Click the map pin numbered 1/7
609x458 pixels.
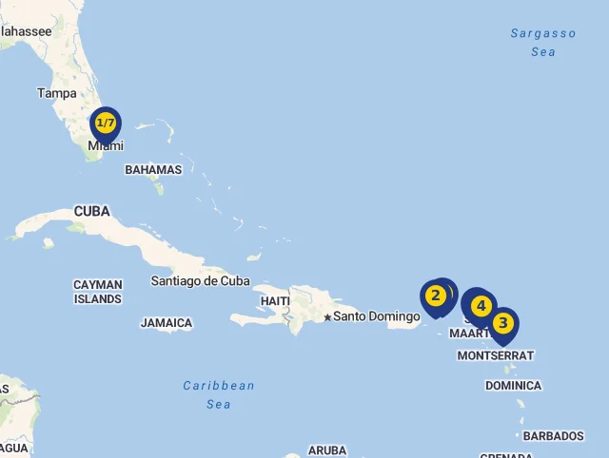[x=106, y=124]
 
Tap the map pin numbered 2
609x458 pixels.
[x=435, y=296]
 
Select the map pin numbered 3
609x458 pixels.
[x=502, y=324]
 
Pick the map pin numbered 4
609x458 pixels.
[x=481, y=306]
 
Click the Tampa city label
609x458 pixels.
[x=57, y=93]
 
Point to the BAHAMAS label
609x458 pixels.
[x=153, y=170]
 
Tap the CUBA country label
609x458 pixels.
[x=91, y=211]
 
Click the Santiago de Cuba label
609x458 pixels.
[x=201, y=280]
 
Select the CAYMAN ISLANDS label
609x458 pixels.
[x=98, y=292]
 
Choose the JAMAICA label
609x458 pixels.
[x=167, y=323]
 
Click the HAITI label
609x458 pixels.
[x=275, y=301]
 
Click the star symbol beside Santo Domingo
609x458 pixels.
[x=327, y=316]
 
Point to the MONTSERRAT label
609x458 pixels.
[x=496, y=355]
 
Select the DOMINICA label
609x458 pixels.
[x=513, y=386]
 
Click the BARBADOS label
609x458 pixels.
[x=553, y=436]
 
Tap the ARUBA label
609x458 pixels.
[x=327, y=450]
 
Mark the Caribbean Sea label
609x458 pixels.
[x=219, y=394]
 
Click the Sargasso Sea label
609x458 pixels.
[x=543, y=43]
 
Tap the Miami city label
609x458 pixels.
[x=106, y=146]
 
